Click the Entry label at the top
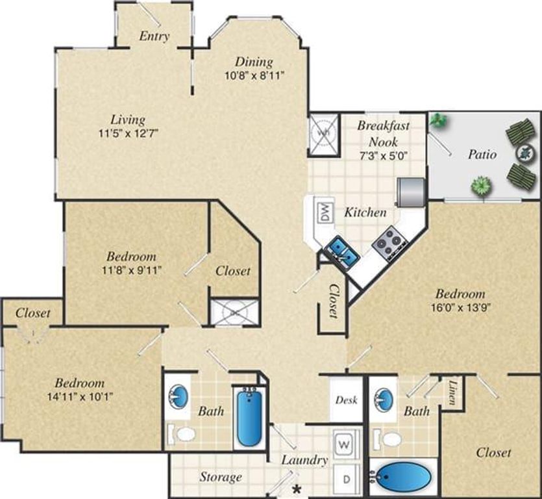pos(154,36)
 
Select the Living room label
pos(127,120)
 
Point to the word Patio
pos(482,155)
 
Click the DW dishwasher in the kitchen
pos(323,212)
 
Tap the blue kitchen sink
pos(341,251)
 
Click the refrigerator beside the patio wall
pos(410,191)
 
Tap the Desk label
pos(346,400)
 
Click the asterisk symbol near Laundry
pos(297,488)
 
